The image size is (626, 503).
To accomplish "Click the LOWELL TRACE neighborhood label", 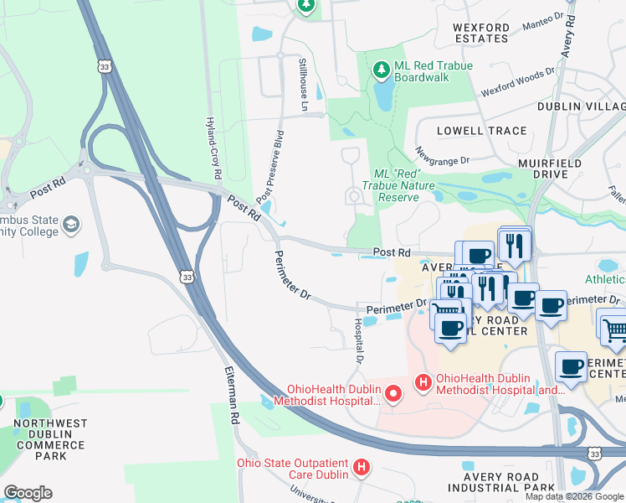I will point(482,131).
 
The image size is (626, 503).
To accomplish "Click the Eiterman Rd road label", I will point(232,396).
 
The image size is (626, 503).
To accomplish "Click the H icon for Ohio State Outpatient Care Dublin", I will point(361,467).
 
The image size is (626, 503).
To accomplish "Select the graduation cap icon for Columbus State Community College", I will point(72,224).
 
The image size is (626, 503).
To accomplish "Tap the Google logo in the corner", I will point(28,493).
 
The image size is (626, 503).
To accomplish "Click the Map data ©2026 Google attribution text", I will point(573,496).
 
